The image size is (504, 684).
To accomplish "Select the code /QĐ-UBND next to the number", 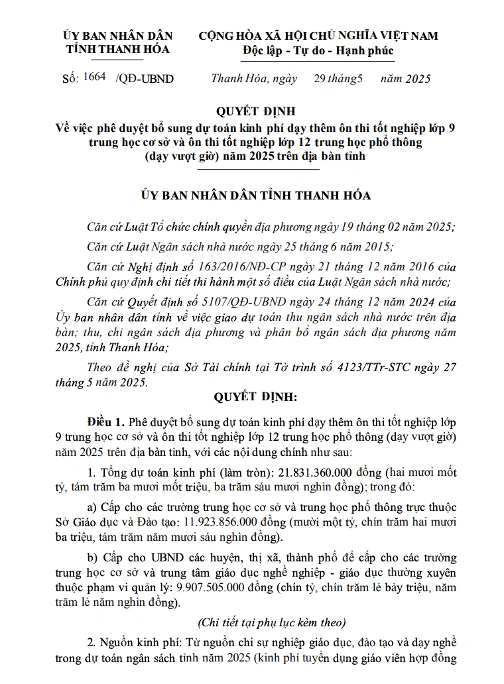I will point(144,79).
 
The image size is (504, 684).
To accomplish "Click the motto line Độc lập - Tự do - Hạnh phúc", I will point(318,51).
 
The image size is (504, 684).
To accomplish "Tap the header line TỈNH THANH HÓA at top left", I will point(117,49).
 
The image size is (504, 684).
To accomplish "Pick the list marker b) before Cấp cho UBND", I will point(94,555).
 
